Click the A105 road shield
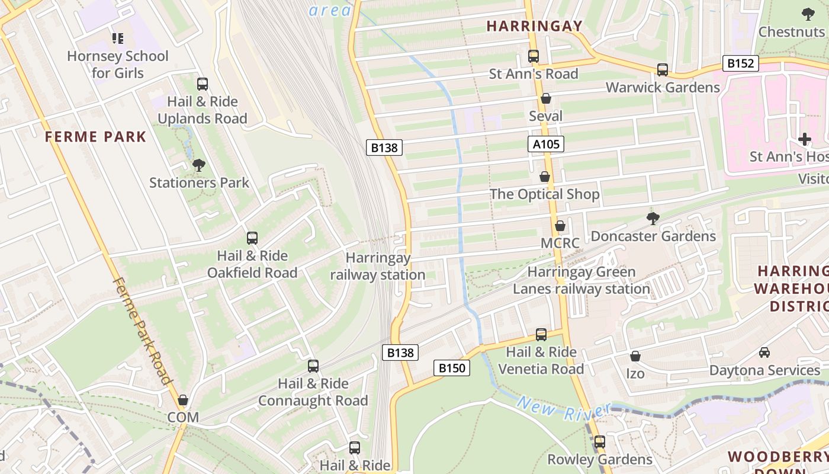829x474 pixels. [x=545, y=144]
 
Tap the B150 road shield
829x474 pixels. [x=452, y=368]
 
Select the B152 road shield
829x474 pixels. [x=740, y=63]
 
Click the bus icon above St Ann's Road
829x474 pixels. [x=534, y=56]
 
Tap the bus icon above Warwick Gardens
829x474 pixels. [x=663, y=70]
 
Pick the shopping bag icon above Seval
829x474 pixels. [x=546, y=98]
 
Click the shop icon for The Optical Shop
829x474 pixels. [x=545, y=177]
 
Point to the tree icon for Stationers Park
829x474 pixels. [x=199, y=165]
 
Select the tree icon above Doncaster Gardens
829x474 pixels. [x=653, y=219]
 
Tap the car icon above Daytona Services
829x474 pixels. [x=764, y=353]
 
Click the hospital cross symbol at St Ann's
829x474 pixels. [x=804, y=139]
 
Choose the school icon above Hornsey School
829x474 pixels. [x=118, y=39]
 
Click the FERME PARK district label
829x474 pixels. [x=95, y=137]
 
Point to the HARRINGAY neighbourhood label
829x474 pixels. [x=535, y=26]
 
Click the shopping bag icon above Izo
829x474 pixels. [x=635, y=356]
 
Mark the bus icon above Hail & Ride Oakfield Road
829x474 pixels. [x=252, y=238]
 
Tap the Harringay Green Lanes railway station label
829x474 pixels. [x=581, y=280]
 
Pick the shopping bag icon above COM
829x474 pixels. [x=183, y=400]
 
